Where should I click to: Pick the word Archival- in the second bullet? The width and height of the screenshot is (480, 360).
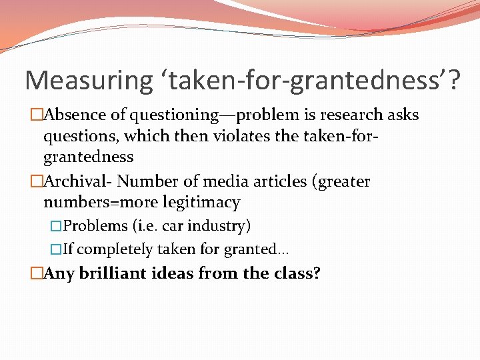click(x=77, y=181)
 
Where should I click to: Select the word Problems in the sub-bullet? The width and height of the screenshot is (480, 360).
click(x=95, y=226)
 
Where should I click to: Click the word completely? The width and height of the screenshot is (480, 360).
click(x=114, y=249)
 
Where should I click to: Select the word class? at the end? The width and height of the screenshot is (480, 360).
click(x=294, y=273)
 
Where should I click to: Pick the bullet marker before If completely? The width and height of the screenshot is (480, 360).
click(x=56, y=249)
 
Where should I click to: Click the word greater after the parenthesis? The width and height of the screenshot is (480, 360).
click(x=344, y=181)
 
